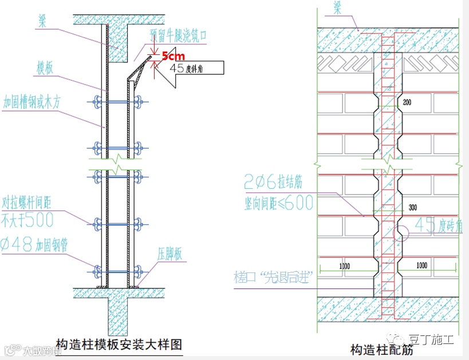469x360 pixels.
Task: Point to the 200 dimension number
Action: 407,102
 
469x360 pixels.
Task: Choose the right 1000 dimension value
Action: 421,266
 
